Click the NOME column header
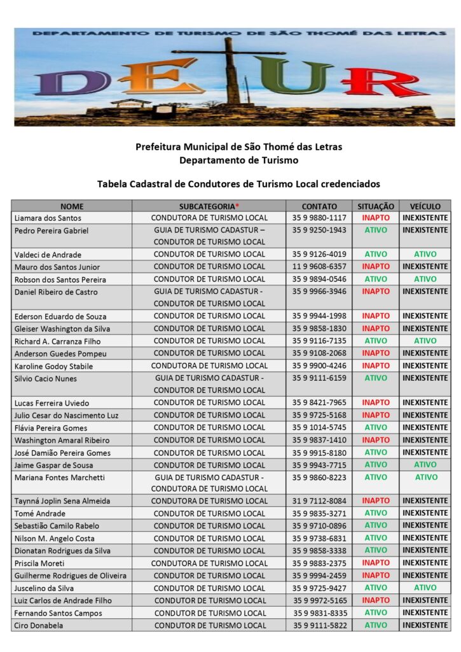[x=72, y=206]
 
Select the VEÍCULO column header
[x=425, y=206]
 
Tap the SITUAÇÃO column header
[x=376, y=206]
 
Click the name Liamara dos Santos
[x=48, y=218]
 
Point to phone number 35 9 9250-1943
[x=319, y=230]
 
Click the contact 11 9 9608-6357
[x=319, y=267]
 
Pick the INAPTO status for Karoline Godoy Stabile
[x=376, y=365]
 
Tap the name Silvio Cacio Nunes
[x=45, y=379]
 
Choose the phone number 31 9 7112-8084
[x=319, y=501]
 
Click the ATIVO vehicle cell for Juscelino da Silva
[x=425, y=588]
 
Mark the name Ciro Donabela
[x=39, y=626]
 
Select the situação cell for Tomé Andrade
[x=376, y=513]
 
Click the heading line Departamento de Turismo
[x=238, y=160]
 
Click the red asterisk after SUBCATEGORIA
[x=237, y=206]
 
